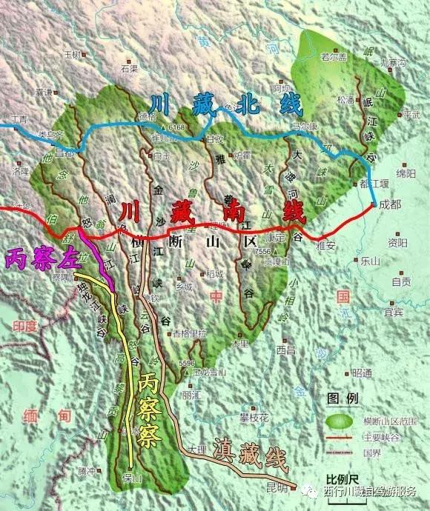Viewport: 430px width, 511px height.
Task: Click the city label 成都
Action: pyautogui.click(x=389, y=204)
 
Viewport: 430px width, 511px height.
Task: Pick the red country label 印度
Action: pyautogui.click(x=24, y=326)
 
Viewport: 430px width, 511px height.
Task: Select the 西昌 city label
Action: pyautogui.click(x=285, y=349)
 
